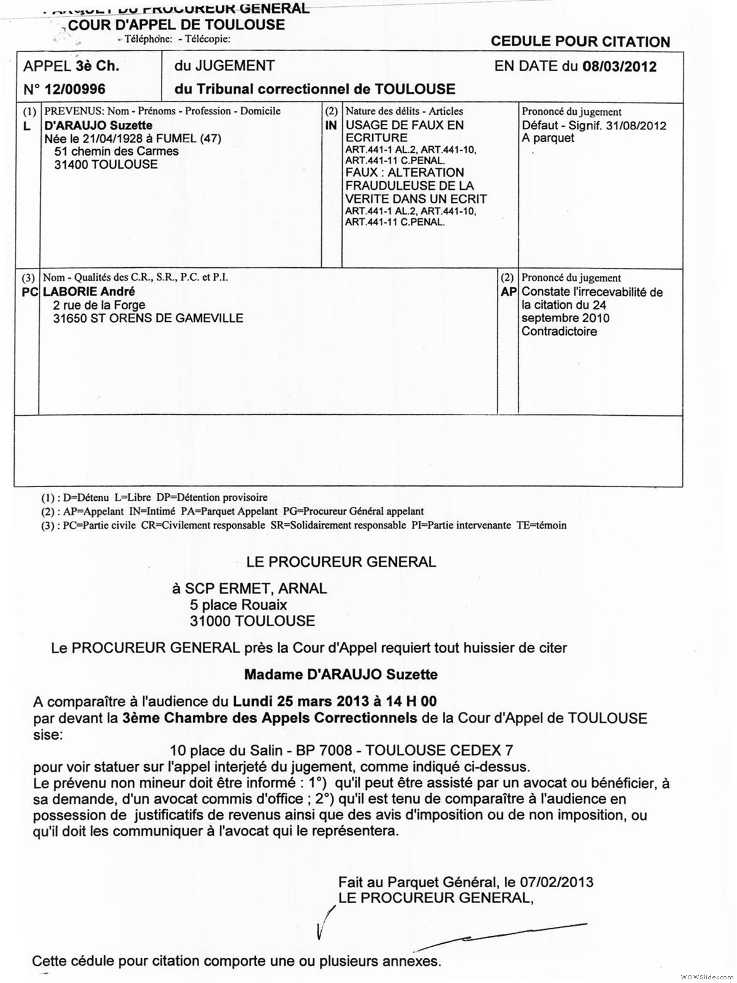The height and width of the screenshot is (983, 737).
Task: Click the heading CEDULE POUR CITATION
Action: click(x=580, y=42)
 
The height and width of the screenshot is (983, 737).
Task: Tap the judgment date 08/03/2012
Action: click(x=619, y=66)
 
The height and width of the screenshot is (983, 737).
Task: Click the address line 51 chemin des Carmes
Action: click(x=116, y=151)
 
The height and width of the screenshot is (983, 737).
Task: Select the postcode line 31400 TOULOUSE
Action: click(x=106, y=164)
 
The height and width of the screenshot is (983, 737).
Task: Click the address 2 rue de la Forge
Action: click(x=99, y=305)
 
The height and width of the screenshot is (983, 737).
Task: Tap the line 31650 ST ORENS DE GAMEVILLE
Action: click(x=148, y=318)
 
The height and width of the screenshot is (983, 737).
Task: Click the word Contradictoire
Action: click(x=559, y=332)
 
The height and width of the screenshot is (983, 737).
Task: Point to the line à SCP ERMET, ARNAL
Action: click(x=249, y=588)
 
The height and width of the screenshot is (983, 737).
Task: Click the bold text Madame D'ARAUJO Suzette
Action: click(x=341, y=675)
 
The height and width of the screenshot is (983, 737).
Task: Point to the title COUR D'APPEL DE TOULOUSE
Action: click(x=176, y=25)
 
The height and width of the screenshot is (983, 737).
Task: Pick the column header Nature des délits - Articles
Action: click(x=404, y=111)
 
